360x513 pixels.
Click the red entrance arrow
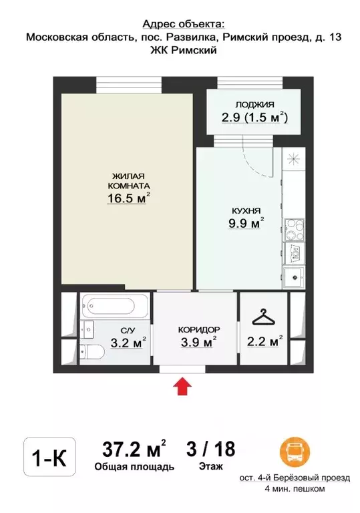pyautogui.click(x=182, y=386)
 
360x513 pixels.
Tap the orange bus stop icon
pyautogui.click(x=295, y=452)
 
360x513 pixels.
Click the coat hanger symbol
pyautogui.click(x=263, y=317)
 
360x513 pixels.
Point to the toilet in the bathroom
pyautogui.click(x=92, y=353)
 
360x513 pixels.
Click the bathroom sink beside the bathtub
pyautogui.click(x=87, y=330)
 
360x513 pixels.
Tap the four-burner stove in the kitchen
pyautogui.click(x=295, y=229)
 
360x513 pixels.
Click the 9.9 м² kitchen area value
pyautogui.click(x=246, y=223)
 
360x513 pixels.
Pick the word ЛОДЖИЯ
pyautogui.click(x=254, y=105)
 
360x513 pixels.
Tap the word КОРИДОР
pyautogui.click(x=199, y=330)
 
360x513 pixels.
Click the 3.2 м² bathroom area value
pyautogui.click(x=128, y=343)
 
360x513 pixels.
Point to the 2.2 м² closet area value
pyautogui.click(x=264, y=341)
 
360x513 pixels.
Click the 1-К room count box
pyautogui.click(x=49, y=457)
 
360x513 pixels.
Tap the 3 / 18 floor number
pyautogui.click(x=211, y=449)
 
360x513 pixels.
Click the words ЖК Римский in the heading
pyautogui.click(x=183, y=50)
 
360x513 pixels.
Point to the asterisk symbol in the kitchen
pyautogui.click(x=293, y=159)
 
